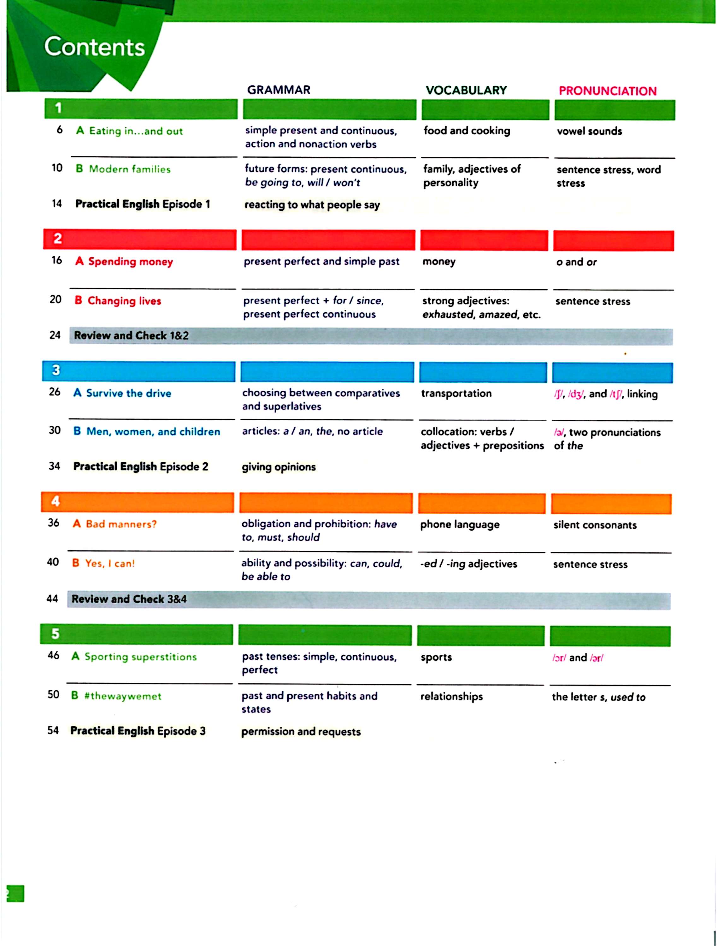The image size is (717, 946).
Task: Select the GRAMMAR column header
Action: (279, 90)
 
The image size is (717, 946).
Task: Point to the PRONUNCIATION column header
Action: (608, 91)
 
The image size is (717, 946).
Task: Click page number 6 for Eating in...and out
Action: (60, 130)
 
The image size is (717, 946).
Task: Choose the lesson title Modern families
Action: (129, 169)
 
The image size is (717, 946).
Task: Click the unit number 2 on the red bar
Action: (57, 239)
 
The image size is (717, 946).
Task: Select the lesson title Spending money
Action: (130, 261)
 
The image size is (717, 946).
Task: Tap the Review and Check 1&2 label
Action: (131, 335)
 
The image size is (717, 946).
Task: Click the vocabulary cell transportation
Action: (456, 393)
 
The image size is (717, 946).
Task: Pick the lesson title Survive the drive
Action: (128, 393)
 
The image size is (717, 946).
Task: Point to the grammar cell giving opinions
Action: (279, 467)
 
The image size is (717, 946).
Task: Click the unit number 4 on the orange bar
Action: (56, 501)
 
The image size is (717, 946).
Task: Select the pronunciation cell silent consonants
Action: (595, 525)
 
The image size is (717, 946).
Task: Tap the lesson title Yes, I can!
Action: (109, 563)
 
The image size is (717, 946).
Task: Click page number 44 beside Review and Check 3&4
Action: (52, 598)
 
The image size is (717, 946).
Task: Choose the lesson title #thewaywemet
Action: (123, 696)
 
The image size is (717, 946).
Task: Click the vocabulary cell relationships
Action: (451, 696)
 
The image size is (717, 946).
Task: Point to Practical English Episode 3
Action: (138, 731)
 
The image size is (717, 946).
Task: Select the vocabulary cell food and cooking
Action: (467, 131)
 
